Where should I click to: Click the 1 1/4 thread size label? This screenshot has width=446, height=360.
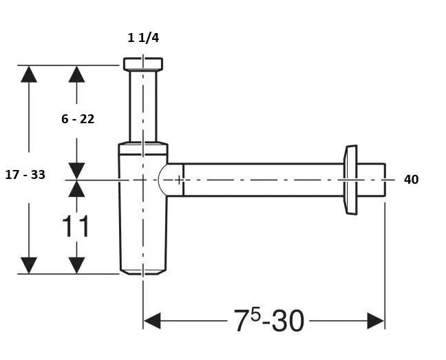pos(143,38)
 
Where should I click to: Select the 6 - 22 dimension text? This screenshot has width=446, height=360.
pos(78,119)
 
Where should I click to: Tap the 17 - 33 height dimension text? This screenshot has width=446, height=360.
pos(25,175)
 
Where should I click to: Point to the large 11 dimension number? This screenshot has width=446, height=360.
pos(76,226)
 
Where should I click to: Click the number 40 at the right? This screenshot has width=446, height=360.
pos(411,180)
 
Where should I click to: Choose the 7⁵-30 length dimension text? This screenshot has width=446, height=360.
pos(269,321)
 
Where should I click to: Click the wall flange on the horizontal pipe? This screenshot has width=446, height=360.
pos(350,180)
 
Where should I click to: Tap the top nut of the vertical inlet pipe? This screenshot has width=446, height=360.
pos(143,64)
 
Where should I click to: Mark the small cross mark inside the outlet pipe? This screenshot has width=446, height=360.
pos(179,180)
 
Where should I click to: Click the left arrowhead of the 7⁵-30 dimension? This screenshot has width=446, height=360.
pos(152,321)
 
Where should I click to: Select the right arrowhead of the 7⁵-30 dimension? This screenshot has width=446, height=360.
pos(376,321)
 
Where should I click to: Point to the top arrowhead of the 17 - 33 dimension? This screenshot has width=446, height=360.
pos(29,74)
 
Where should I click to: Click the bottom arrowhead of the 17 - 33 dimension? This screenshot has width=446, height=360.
pos(29,266)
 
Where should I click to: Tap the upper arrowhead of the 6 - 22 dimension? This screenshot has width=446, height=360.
pos(76,74)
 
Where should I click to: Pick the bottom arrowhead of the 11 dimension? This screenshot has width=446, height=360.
pos(76,266)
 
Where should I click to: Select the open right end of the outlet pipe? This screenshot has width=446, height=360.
pos(385,180)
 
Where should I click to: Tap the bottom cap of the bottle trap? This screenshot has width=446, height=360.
pos(142,272)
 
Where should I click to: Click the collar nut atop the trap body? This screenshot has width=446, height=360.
pos(143,149)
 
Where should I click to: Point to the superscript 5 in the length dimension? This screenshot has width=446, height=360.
pos(256,315)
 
